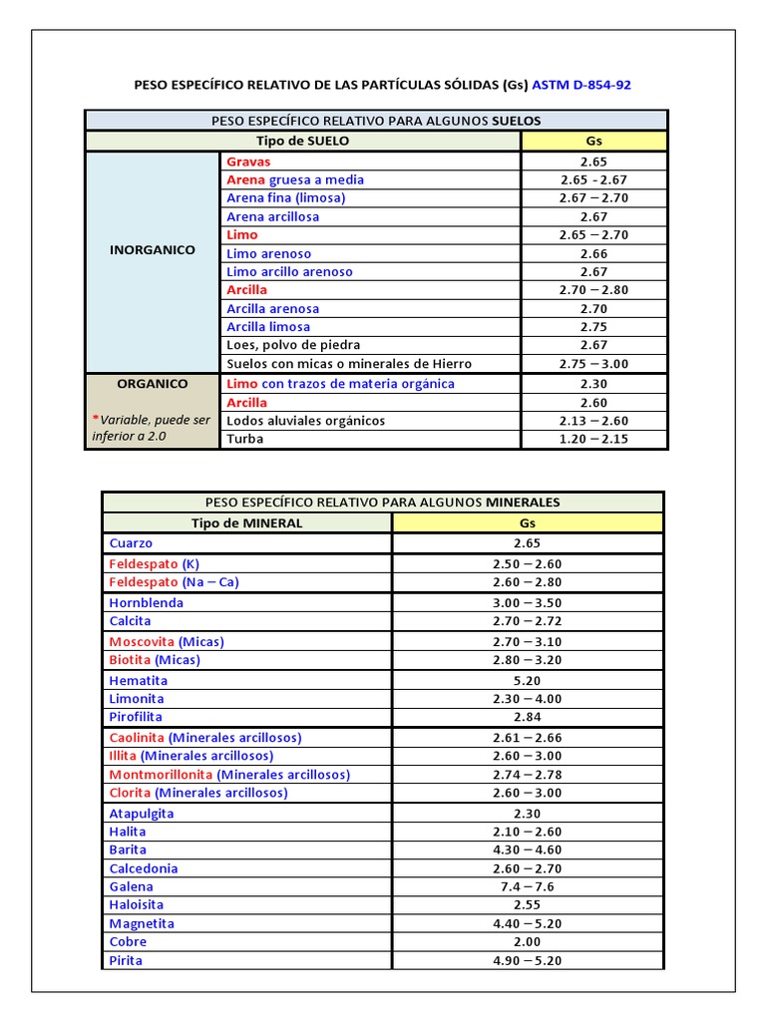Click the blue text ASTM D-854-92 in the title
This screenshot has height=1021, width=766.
(581, 85)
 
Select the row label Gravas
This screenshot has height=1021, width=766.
(248, 162)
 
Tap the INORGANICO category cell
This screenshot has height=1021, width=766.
(153, 250)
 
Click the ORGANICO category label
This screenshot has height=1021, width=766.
(153, 383)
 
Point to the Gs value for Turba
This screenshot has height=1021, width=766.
(593, 439)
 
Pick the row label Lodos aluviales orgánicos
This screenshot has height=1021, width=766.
(305, 421)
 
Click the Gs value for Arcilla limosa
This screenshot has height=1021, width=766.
(593, 326)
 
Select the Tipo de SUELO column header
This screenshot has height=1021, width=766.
(303, 141)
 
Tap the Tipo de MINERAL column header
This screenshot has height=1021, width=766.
(247, 522)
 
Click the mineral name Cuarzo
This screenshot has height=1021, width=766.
(131, 543)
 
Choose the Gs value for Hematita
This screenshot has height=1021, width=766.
(527, 680)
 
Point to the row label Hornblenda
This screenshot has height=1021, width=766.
(146, 602)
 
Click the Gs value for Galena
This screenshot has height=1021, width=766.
(527, 886)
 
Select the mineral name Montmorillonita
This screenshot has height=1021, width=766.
(162, 774)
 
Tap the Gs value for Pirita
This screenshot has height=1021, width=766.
(527, 960)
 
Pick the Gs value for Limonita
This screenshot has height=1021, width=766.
(527, 699)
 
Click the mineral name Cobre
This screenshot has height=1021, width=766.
(128, 941)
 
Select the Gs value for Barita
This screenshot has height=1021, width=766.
(527, 850)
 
